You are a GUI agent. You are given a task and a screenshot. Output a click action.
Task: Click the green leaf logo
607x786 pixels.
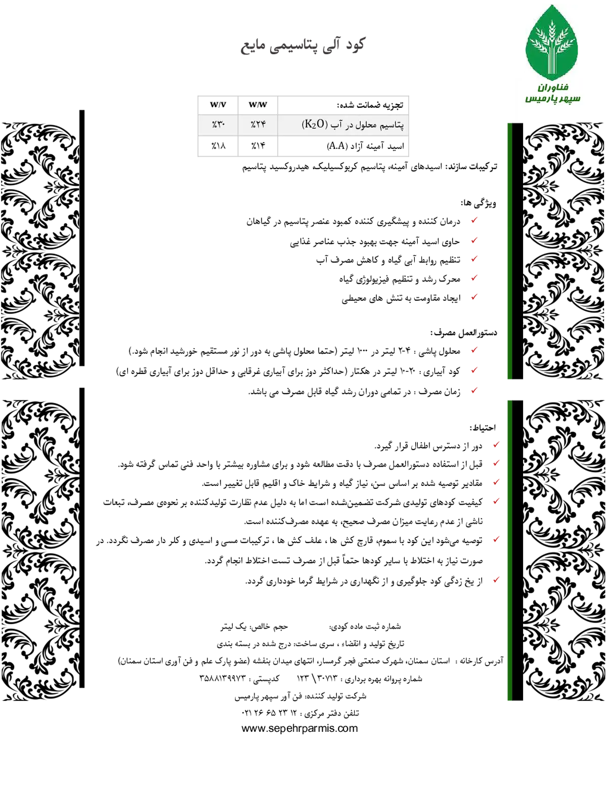tap(551, 43)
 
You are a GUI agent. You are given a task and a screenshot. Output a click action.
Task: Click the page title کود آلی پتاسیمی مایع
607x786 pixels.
tap(303, 45)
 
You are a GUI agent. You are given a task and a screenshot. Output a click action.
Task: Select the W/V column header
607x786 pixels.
tap(218, 105)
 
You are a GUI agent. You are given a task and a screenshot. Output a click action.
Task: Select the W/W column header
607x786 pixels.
tap(258, 105)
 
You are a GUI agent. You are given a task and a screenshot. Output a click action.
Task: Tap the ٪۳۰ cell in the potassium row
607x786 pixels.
tap(219, 125)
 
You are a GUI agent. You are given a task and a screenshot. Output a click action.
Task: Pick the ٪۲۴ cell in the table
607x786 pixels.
tap(258, 125)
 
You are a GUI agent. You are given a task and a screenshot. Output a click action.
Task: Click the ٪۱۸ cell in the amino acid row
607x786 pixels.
tap(219, 146)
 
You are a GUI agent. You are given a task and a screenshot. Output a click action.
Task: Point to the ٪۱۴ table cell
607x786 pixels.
tap(258, 146)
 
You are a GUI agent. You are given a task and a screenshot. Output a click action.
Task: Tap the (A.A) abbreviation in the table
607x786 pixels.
tap(337, 146)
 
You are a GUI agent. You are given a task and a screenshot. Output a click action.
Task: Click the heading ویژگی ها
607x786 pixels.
tap(479, 203)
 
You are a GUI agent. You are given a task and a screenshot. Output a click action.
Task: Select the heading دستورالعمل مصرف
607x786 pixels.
tap(463, 333)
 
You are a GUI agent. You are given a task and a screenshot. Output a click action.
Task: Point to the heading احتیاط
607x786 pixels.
tap(483, 428)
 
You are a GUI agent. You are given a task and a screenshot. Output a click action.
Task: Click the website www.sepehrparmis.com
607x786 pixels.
tap(299, 728)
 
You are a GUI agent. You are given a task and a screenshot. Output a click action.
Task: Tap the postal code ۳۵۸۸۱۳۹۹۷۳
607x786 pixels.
tap(223, 678)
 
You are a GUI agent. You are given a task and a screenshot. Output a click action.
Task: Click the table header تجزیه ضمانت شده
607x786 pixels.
tap(370, 105)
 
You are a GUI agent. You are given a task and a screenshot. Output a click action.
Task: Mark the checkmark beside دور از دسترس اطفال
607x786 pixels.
tap(496, 444)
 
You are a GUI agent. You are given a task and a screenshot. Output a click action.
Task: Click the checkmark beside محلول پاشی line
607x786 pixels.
tap(474, 350)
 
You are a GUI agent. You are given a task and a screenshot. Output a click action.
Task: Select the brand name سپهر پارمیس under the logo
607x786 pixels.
tap(553, 98)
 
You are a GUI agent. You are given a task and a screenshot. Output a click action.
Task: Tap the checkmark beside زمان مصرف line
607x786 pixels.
tap(474, 390)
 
